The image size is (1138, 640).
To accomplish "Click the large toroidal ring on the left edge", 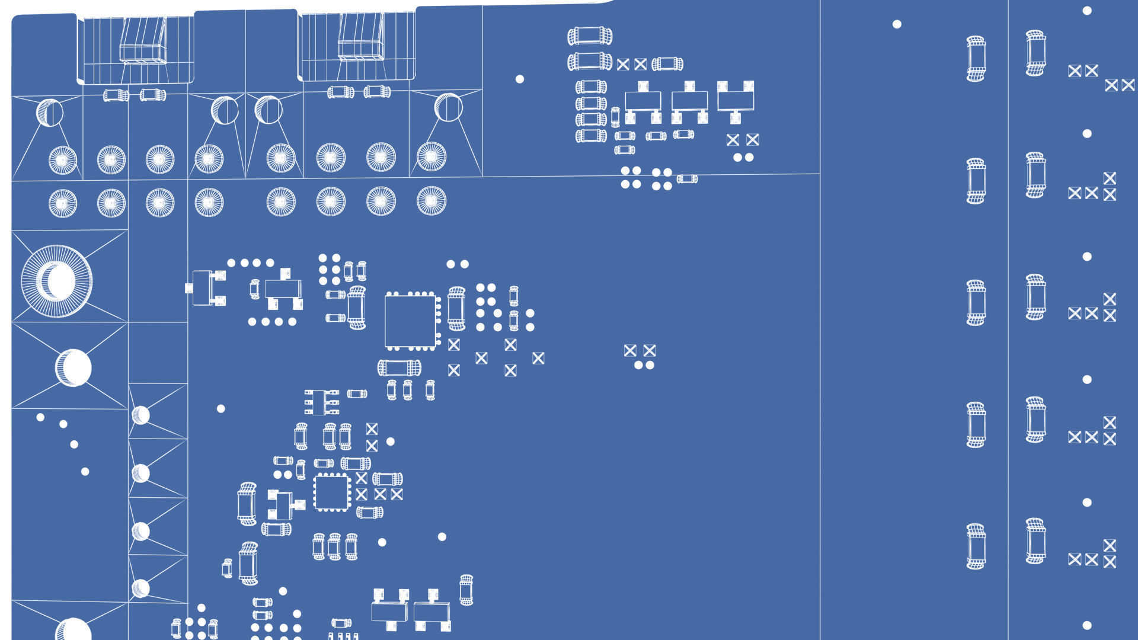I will coord(57,281).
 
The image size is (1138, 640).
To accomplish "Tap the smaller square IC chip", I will coord(332,492).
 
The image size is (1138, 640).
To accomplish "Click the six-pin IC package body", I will coord(321,402).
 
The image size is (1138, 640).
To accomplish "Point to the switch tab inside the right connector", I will coord(361,37).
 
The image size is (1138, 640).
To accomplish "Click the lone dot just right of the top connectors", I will coord(520,79).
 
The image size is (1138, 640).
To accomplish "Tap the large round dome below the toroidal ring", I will coord(73,367).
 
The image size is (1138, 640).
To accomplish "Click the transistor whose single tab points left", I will coord(205,289).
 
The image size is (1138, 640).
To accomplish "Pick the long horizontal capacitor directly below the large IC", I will coord(399,368).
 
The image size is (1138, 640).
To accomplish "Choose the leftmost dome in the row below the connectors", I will coord(50,113).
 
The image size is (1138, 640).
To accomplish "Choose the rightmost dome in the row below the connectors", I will coord(448,107).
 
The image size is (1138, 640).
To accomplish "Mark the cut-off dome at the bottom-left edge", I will coord(73,629).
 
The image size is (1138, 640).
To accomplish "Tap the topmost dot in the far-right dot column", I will coord(1087,11).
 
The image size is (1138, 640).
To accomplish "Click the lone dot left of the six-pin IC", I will coord(221,409).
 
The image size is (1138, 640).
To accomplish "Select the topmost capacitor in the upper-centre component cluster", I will coord(590,36).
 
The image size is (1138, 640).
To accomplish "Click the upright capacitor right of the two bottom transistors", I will coord(466,590).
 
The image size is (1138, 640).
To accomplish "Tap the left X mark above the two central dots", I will coord(630,351).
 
